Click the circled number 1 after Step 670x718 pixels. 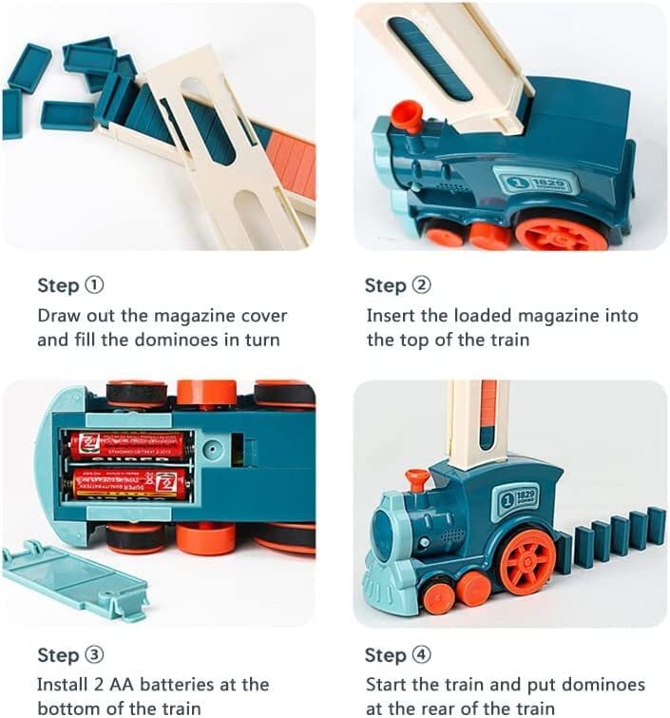click(x=94, y=285)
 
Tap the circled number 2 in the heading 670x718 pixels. click(x=421, y=285)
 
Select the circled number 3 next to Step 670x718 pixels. click(x=94, y=655)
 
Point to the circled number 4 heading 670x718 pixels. click(x=421, y=655)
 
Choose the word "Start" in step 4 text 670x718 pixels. click(x=389, y=685)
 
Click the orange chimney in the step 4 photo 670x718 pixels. click(x=415, y=479)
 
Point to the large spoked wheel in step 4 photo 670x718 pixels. click(x=526, y=561)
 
